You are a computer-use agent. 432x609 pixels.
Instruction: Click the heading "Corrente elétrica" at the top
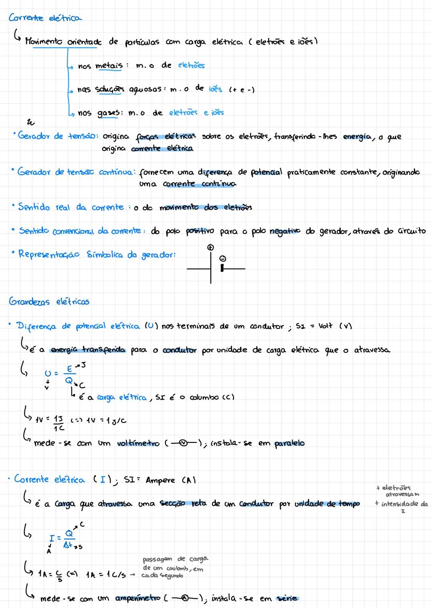[45, 18]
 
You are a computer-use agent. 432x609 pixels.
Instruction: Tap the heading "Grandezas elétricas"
[49, 302]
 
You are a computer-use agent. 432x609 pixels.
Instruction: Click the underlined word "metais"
[109, 65]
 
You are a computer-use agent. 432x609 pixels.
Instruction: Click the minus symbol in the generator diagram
[223, 259]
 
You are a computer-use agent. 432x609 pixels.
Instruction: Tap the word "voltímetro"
[138, 443]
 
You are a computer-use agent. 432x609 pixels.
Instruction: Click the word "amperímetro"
[138, 598]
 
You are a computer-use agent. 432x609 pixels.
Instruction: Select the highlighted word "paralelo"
[290, 443]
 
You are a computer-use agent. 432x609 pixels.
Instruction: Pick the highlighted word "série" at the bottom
[287, 598]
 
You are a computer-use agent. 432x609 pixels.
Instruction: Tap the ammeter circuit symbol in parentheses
[184, 598]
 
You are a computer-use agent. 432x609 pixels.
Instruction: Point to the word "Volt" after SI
[325, 326]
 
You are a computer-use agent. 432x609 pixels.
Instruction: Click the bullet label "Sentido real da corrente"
[71, 207]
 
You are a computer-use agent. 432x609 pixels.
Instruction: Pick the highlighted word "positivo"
[200, 231]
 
